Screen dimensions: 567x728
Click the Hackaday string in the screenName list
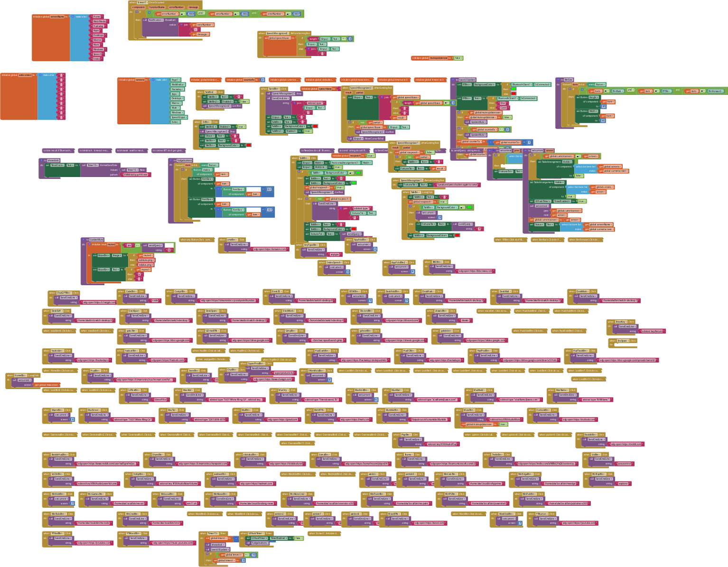98,26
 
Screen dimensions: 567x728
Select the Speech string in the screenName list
97,54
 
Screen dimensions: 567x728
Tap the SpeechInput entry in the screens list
179,117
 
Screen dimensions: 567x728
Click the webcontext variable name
25,75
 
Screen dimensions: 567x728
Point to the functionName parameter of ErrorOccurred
157,7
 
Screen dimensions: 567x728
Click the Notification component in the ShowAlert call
156,20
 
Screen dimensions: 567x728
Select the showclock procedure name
54,160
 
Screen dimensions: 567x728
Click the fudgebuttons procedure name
185,160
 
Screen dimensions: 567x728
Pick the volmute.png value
146,260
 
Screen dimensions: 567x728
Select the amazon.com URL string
269,249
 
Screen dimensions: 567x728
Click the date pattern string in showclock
136,175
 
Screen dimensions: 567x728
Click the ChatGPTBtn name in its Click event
64,293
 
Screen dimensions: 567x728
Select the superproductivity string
284,373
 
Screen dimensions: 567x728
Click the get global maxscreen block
47,385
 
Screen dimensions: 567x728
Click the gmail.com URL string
283,419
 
